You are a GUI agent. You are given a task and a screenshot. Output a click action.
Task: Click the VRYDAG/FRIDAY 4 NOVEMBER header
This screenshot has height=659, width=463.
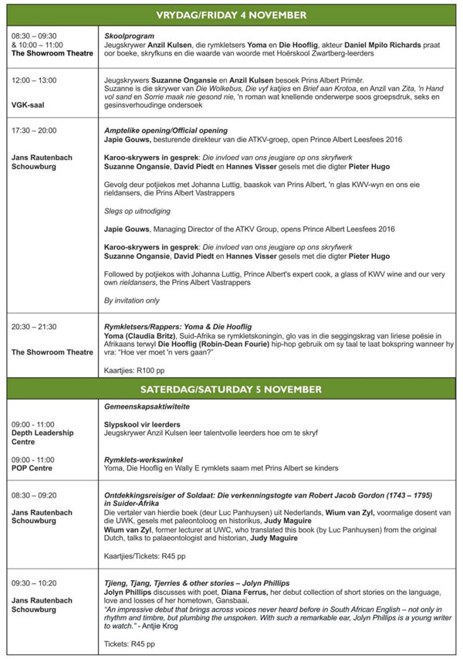click(x=231, y=15)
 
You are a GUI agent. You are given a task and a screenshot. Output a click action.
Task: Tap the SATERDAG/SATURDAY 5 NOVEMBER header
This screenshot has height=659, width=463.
click(x=231, y=389)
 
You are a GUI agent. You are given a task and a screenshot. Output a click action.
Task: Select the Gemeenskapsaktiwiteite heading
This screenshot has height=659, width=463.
click(x=147, y=406)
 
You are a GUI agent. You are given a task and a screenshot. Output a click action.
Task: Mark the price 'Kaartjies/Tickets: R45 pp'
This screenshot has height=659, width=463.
click(x=144, y=555)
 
